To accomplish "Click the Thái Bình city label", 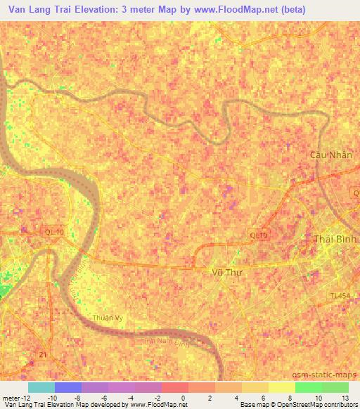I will tap(335, 239).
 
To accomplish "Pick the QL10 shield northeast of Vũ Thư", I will tap(259, 235).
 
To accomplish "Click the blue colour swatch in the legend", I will tap(68, 387).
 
